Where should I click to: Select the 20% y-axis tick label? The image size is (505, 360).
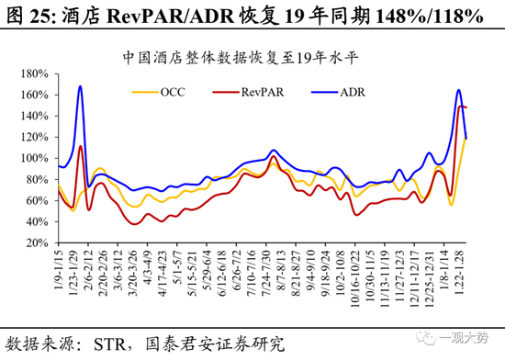click(36, 243)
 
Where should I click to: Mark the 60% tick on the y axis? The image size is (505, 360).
click(36, 201)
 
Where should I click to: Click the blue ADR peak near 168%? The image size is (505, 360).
click(81, 86)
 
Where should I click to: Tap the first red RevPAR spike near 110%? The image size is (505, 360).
click(81, 146)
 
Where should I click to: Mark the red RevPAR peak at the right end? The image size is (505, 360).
click(462, 107)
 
